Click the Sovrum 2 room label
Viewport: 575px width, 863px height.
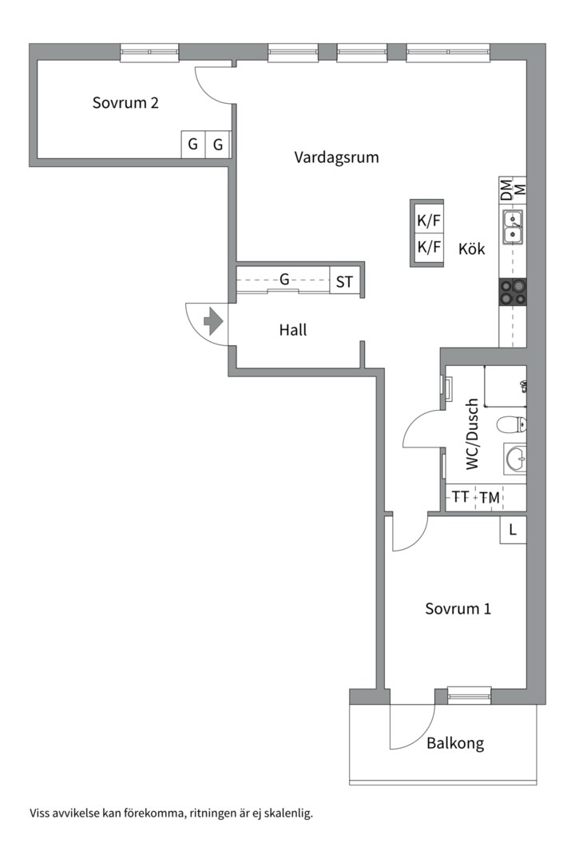125,102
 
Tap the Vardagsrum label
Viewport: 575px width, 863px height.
336,157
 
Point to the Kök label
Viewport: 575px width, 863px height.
471,249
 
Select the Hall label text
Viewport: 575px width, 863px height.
293,329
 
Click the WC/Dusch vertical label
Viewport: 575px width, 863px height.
472,434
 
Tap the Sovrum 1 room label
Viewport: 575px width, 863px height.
458,608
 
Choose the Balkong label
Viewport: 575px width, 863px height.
454,742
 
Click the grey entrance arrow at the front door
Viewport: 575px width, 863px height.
212,323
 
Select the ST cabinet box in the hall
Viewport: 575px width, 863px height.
344,281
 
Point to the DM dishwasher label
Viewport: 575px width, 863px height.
506,189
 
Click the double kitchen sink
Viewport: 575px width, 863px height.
513,226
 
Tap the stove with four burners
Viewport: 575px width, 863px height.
513,292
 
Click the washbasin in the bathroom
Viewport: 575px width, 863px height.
514,459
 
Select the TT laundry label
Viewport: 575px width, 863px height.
460,497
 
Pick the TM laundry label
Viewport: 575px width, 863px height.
490,498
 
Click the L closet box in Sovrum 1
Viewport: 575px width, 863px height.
513,529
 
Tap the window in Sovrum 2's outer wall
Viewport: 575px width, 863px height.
149,53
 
